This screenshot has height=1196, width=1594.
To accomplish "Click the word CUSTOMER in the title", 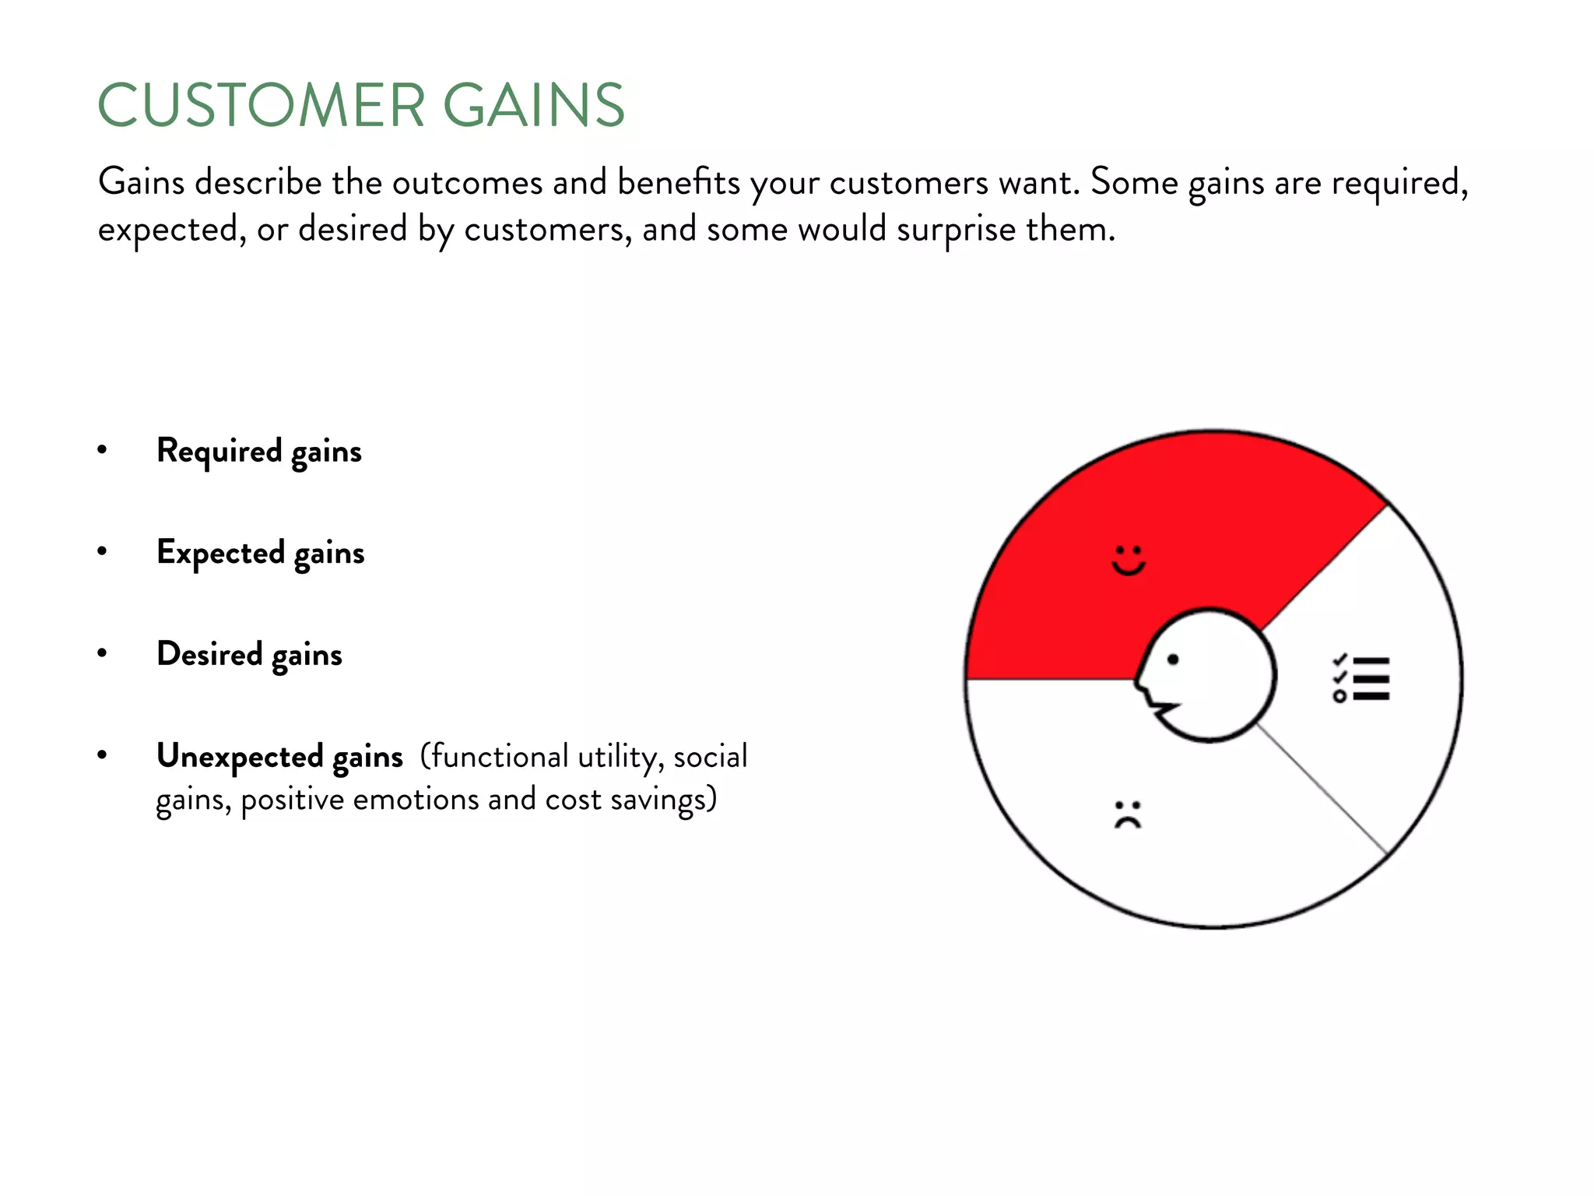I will [262, 105].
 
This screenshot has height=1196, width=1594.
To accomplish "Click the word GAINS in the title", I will [534, 105].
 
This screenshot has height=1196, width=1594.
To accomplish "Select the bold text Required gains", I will [259, 451].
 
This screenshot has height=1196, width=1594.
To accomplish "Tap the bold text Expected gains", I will [261, 553].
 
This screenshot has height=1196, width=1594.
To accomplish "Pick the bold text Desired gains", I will [249, 654].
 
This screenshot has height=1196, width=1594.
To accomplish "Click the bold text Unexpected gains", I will [279, 756].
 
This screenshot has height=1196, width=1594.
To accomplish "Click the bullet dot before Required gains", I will [102, 449].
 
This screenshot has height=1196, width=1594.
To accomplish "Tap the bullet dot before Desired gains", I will [102, 653].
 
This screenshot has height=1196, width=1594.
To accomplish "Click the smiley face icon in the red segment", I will [1128, 560].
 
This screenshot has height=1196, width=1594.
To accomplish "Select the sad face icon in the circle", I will [1128, 814].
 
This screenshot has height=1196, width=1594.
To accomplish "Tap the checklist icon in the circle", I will [1361, 678].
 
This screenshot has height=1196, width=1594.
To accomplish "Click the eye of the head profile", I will [1173, 660].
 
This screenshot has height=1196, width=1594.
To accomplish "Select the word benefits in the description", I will [679, 182].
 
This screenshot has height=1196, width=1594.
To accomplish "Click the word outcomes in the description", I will [467, 182].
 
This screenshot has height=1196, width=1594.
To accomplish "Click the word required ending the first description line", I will [1398, 184].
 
